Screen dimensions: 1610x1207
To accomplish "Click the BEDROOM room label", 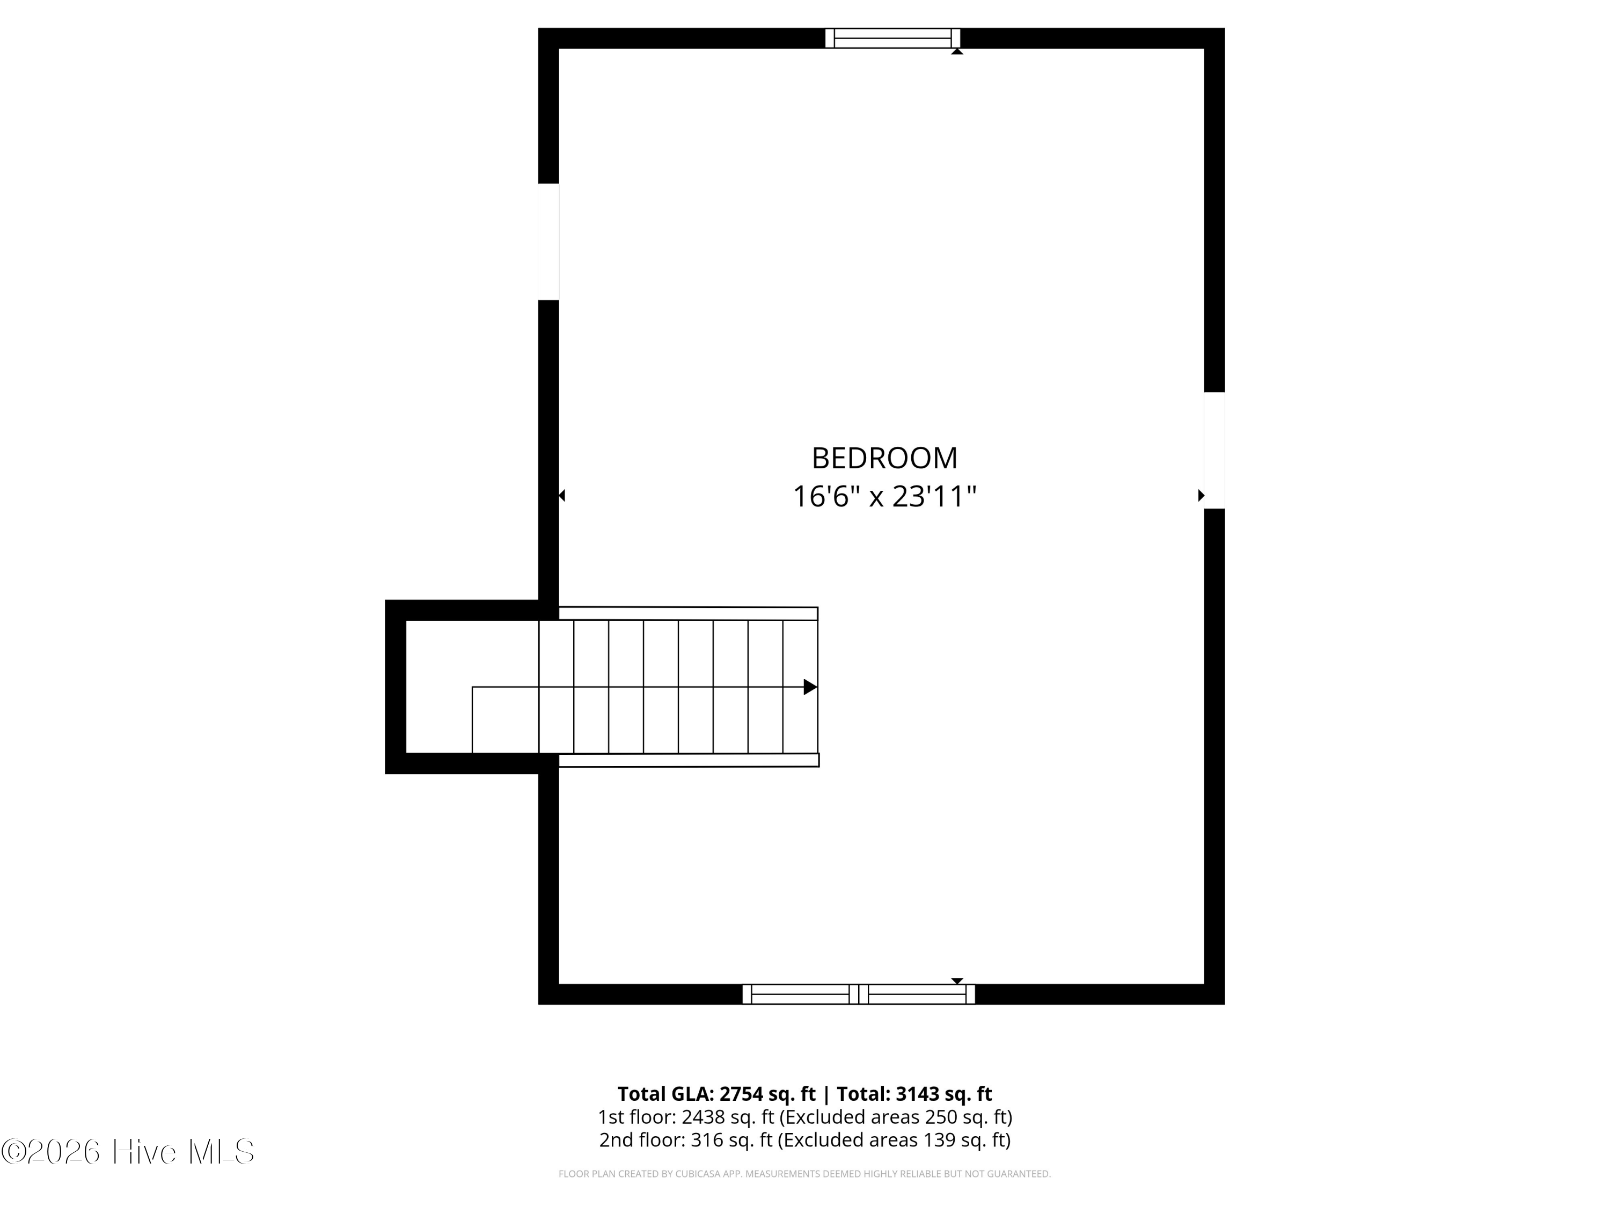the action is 884,458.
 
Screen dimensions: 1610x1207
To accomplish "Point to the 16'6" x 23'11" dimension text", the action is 884,497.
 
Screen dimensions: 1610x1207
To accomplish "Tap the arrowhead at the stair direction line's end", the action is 810,687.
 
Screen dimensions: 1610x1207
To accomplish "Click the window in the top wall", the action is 892,38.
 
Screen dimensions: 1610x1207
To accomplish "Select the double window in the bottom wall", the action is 859,994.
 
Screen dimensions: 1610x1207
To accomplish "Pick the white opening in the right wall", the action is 1214,451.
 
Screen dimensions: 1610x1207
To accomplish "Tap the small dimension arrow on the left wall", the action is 562,496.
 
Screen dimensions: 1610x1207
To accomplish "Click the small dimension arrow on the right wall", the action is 1201,496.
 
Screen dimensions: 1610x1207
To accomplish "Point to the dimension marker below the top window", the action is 957,51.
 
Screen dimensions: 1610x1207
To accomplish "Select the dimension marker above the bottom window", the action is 957,981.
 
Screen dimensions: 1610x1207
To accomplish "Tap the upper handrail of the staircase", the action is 689,613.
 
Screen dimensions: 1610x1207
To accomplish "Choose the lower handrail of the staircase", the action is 689,760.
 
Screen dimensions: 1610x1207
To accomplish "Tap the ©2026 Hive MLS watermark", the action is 128,1152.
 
